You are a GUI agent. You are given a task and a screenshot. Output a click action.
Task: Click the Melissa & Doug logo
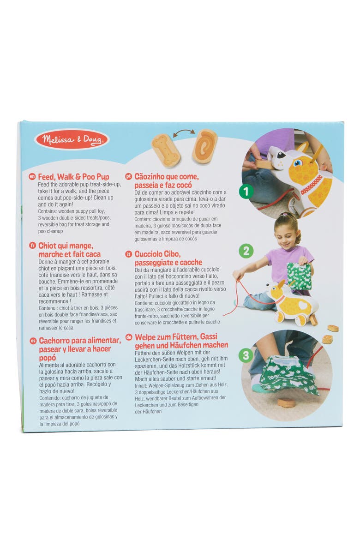(x=72, y=139)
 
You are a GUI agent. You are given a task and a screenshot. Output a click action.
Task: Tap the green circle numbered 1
(x=246, y=191)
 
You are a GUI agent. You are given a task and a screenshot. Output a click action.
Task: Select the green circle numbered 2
(x=246, y=251)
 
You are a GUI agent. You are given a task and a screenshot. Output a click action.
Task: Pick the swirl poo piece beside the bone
(x=204, y=146)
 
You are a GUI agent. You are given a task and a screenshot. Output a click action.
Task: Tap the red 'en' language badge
(x=32, y=176)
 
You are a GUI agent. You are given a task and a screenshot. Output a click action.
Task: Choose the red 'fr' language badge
(x=32, y=246)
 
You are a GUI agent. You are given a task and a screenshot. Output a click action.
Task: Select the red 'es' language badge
(x=32, y=341)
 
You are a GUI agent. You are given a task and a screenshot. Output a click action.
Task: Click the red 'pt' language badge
(x=129, y=176)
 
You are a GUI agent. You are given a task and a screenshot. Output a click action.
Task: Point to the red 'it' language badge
(x=129, y=254)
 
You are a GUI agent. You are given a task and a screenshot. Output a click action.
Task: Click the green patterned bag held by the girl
(x=299, y=276)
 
